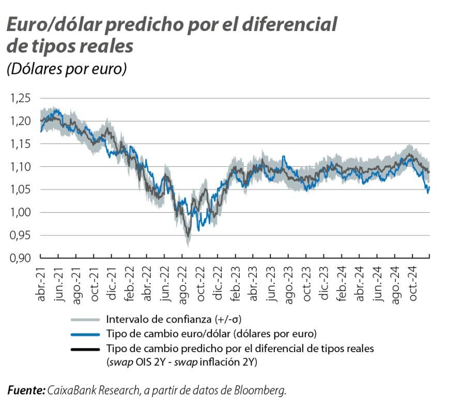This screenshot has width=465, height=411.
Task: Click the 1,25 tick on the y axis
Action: pyautogui.click(x=20, y=98)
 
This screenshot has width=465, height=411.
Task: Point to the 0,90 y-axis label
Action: pyautogui.click(x=20, y=258)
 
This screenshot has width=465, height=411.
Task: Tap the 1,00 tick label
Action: pyautogui.click(x=20, y=212)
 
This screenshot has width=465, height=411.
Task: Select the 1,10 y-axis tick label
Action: pyautogui.click(x=20, y=167)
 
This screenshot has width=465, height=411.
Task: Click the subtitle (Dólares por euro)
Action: pyautogui.click(x=67, y=69)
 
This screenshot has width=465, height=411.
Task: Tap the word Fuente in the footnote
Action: pyautogui.click(x=26, y=391)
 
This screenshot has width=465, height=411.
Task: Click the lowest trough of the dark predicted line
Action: pyautogui.click(x=188, y=237)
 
